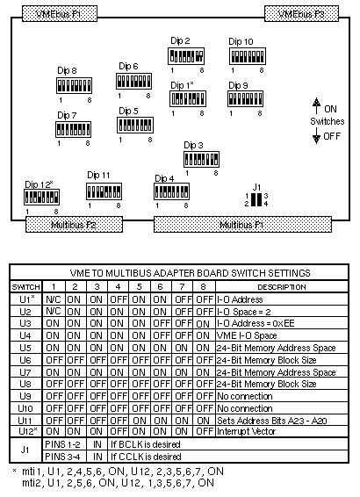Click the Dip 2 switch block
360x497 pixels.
click(x=186, y=56)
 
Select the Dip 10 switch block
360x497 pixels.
click(x=248, y=56)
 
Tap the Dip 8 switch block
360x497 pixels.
click(x=74, y=85)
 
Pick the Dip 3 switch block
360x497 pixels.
click(x=202, y=159)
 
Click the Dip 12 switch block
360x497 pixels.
click(x=41, y=197)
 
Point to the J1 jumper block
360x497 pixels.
click(x=256, y=199)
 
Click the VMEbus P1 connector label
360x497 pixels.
click(x=60, y=14)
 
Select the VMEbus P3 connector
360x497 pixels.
click(x=301, y=14)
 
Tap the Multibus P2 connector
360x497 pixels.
click(x=74, y=225)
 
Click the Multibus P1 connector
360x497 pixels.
click(x=242, y=225)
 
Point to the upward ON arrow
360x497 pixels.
click(x=316, y=106)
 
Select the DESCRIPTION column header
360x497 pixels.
click(x=282, y=287)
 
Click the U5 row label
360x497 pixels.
click(x=25, y=348)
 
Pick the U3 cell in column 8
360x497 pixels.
click(x=203, y=323)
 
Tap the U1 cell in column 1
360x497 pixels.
click(x=54, y=299)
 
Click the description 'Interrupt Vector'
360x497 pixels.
click(x=246, y=431)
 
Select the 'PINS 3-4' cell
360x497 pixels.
click(x=62, y=457)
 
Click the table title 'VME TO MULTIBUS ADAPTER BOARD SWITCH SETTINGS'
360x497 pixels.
click(x=191, y=273)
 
